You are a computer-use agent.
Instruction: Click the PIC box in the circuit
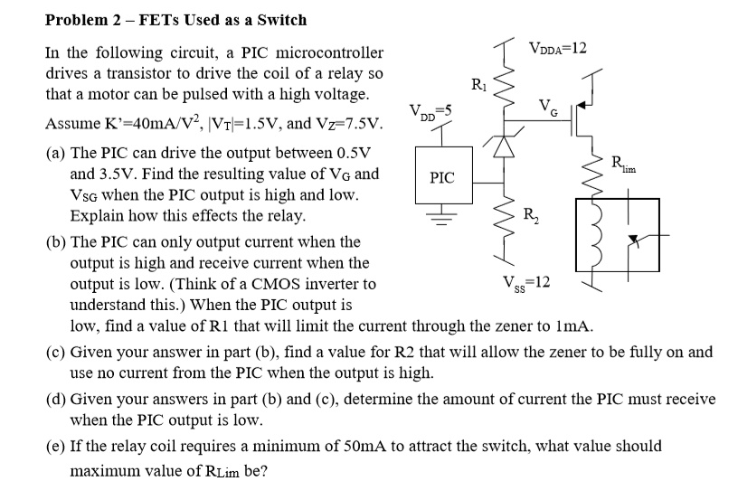point(442,178)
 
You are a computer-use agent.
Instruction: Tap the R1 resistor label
point(478,85)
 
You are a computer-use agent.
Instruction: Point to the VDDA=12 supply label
point(558,47)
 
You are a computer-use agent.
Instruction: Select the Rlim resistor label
point(623,165)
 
